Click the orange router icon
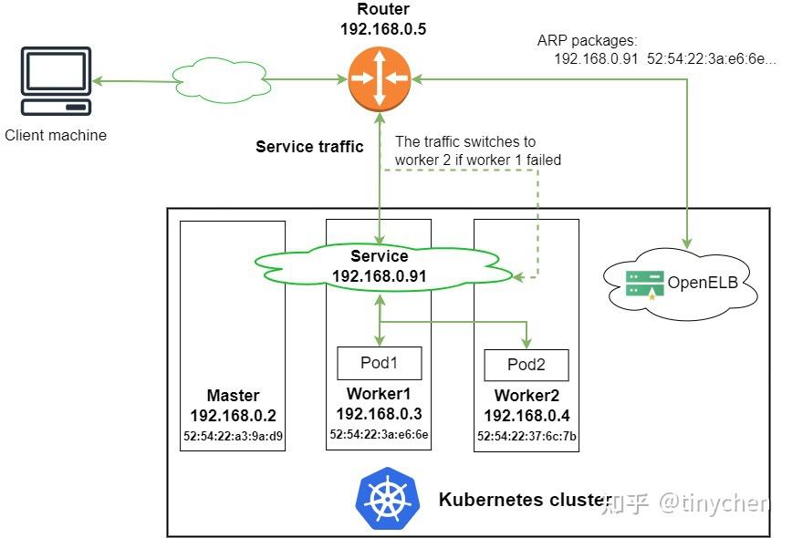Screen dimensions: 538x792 tap(379, 79)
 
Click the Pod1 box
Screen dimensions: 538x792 tap(380, 362)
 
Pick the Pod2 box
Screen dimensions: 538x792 tap(526, 364)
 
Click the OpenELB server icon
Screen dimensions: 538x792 tap(644, 284)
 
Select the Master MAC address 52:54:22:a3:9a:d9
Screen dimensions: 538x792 tap(233, 435)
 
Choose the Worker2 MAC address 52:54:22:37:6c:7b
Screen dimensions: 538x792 tap(526, 437)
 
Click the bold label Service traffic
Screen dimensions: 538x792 tap(309, 146)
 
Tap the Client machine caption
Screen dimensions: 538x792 tap(56, 135)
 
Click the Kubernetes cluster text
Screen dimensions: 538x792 tap(525, 499)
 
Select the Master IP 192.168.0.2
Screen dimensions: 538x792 tap(233, 416)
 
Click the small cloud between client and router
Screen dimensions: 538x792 tap(222, 80)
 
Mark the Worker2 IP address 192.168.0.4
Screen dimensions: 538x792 tap(526, 416)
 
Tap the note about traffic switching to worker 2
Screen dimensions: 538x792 tap(477, 150)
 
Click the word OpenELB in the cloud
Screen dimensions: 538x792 tap(701, 283)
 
